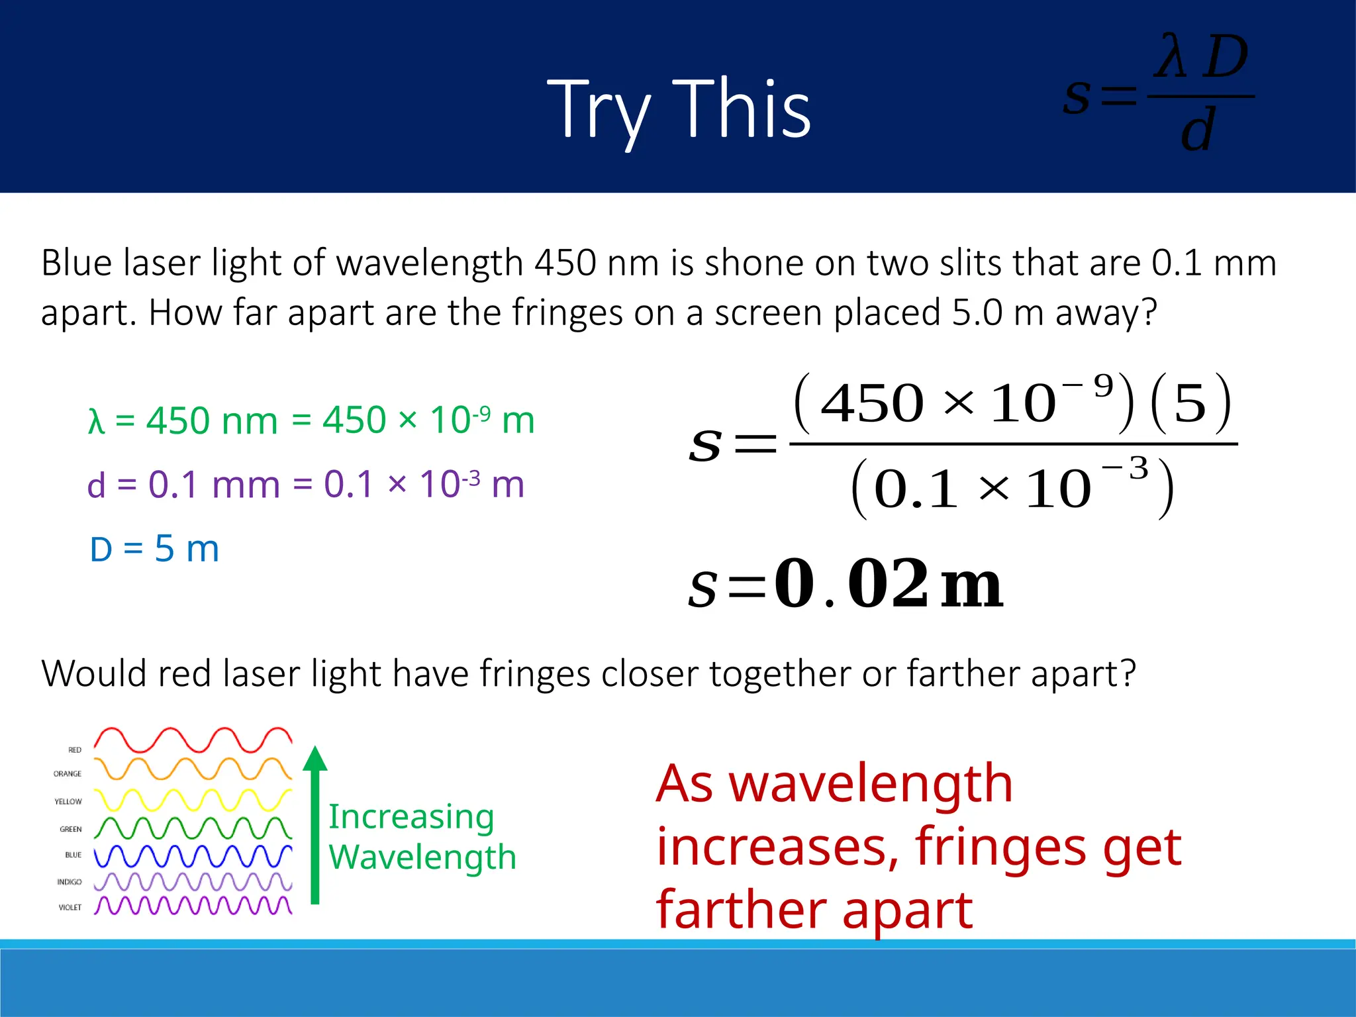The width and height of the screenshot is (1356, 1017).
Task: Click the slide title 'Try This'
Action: coord(679,109)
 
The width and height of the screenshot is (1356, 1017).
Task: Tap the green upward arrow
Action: coord(315,824)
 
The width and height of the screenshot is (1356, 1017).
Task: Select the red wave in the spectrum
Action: coord(193,740)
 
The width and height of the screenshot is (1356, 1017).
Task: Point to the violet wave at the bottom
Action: coord(193,906)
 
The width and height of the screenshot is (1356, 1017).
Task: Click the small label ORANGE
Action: coord(68,774)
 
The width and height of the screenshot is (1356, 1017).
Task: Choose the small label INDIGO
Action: coord(69,882)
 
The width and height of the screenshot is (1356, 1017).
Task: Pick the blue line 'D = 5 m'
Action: coord(154,549)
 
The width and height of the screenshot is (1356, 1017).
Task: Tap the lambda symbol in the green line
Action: coord(97,421)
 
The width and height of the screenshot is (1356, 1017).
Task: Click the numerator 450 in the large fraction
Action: coord(872,404)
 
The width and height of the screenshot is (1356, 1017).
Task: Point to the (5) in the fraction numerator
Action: coord(1190,404)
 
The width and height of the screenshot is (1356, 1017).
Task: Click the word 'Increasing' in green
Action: coord(411,817)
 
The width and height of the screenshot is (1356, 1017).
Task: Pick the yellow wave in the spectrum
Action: coord(193,800)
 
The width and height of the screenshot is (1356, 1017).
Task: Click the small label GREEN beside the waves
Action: coord(70,829)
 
